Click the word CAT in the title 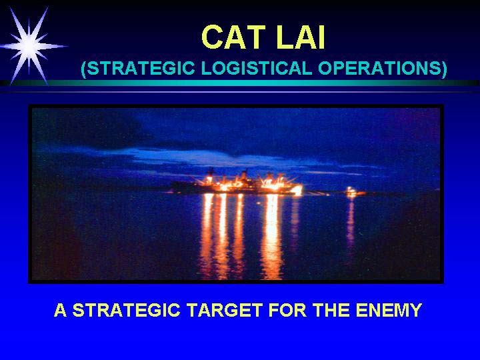coord(233,37)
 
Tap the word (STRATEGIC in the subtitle coord(138,68)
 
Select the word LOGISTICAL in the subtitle coord(257,68)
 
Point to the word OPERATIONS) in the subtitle coord(383,68)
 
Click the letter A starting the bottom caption coord(60,310)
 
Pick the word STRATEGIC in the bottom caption coord(126,310)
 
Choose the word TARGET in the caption coord(225,310)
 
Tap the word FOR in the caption coord(287,310)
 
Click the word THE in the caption coord(331,310)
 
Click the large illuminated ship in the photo coord(237,183)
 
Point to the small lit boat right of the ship coord(351,192)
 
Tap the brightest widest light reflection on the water coord(272,236)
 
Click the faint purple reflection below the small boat coord(351,221)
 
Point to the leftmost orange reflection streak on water coord(207,236)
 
